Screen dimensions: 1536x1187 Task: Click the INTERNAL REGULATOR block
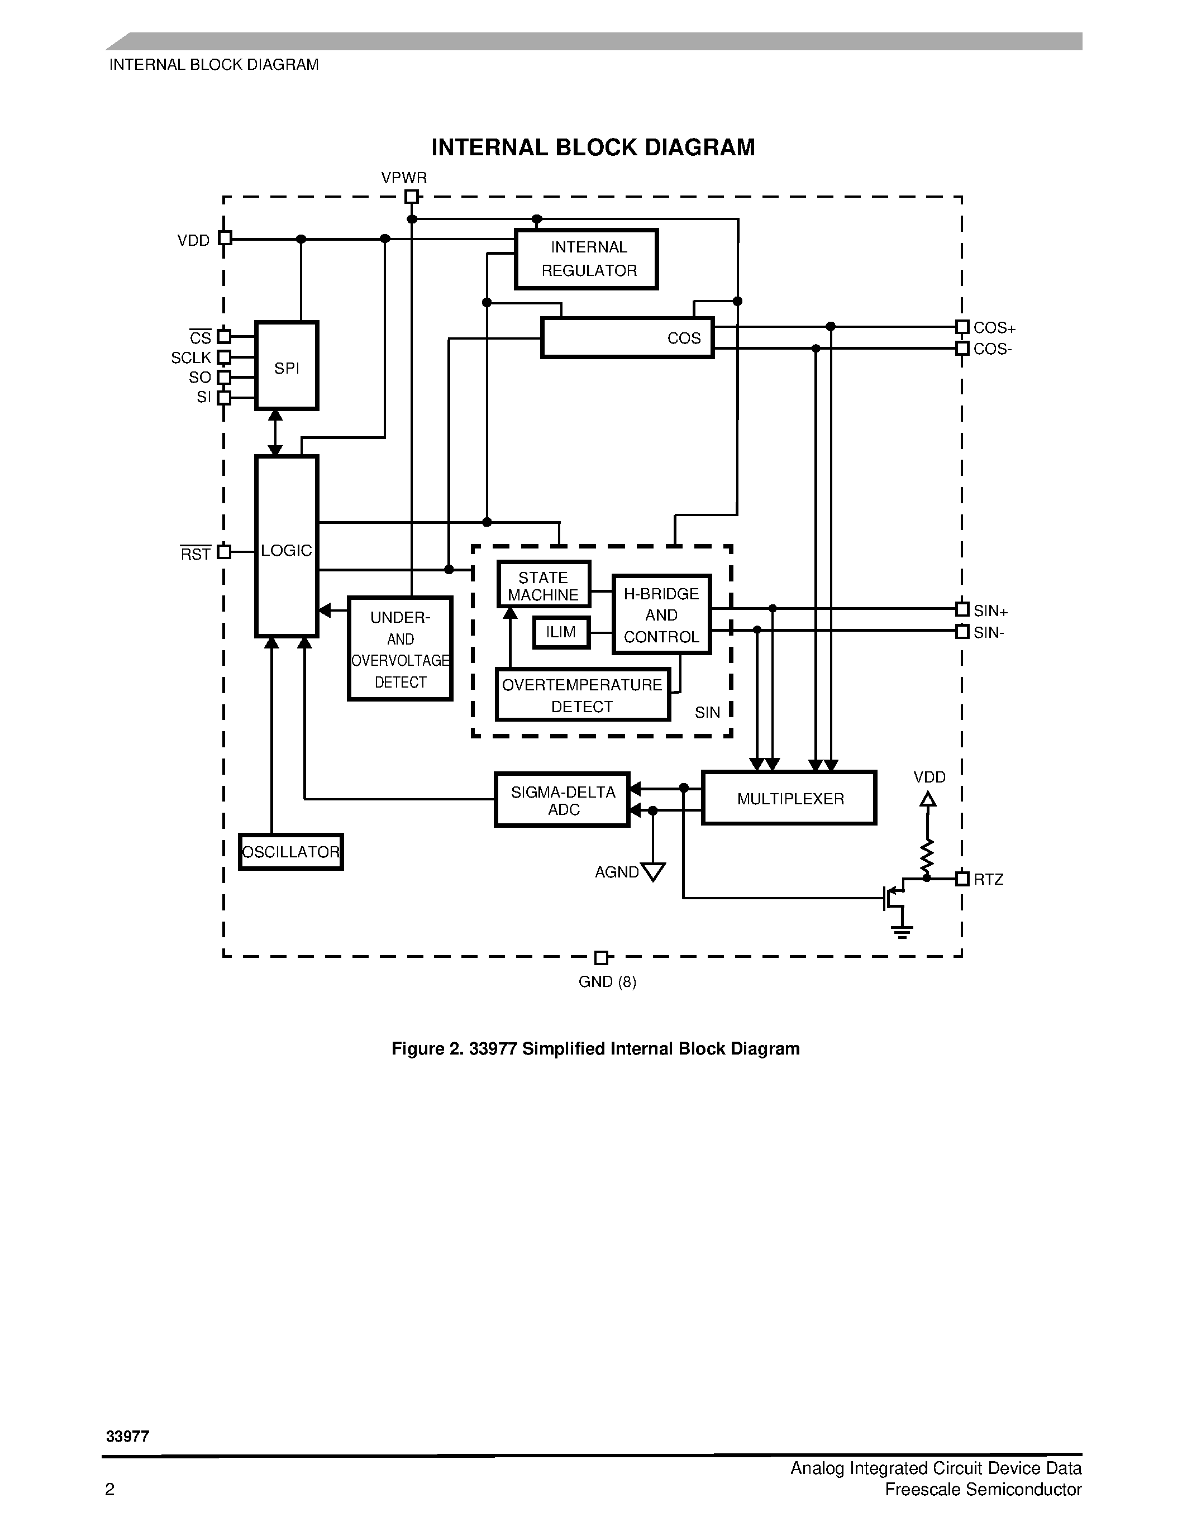click(586, 259)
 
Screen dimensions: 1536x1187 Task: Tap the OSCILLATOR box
click(290, 852)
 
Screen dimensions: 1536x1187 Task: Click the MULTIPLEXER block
click(789, 798)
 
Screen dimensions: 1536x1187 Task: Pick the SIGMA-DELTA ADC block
click(562, 800)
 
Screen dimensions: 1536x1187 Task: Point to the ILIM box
click(560, 632)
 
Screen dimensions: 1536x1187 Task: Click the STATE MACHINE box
click(543, 585)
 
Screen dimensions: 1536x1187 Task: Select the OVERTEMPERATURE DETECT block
click(582, 695)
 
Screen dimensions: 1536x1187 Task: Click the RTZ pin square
click(962, 879)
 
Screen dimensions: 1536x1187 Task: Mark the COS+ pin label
click(994, 328)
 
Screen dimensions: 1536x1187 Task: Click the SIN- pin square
click(962, 632)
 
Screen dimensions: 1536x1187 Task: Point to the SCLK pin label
click(190, 358)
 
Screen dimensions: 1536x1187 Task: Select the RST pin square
click(223, 552)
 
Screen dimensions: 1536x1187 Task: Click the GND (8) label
click(607, 982)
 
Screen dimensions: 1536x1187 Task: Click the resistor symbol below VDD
click(927, 855)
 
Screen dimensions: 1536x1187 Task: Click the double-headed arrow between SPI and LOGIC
click(275, 432)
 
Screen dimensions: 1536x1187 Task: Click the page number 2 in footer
click(109, 1489)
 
